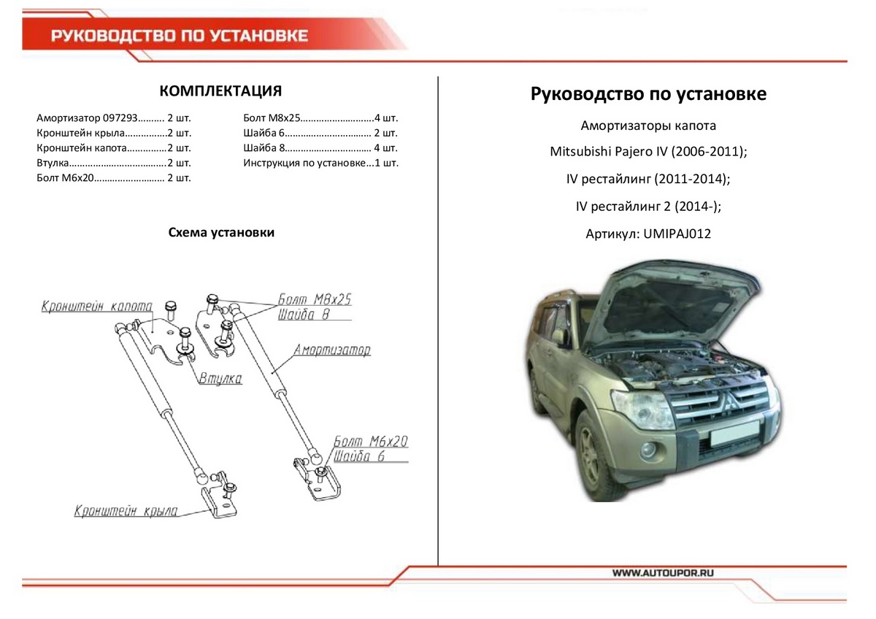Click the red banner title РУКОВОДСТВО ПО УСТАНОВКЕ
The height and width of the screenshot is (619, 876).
[180, 36]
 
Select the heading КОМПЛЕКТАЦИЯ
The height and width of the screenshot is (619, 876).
[220, 91]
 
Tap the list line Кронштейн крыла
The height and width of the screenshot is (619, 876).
[113, 133]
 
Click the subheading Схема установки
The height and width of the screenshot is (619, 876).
[221, 233]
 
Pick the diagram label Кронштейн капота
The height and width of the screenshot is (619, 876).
[96, 307]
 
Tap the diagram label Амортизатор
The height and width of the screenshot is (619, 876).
[332, 350]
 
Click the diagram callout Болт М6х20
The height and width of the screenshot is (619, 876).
[371, 442]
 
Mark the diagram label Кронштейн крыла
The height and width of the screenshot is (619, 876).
[126, 511]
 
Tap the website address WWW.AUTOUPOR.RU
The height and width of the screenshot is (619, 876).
[662, 573]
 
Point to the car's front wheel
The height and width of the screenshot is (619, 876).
[600, 455]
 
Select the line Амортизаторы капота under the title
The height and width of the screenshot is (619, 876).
[648, 126]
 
